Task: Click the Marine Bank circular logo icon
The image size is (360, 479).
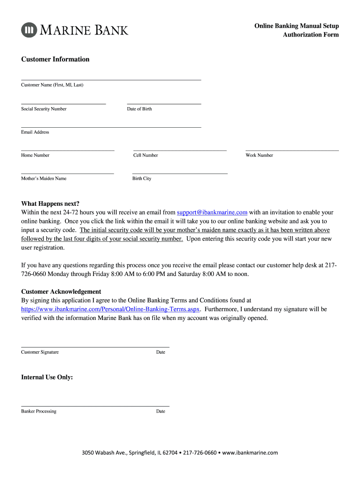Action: click(29, 30)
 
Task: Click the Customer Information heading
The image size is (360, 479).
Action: click(55, 59)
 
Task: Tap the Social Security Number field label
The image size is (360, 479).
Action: click(43, 109)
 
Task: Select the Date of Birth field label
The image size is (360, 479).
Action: click(139, 109)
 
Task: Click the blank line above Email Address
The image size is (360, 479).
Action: click(111, 126)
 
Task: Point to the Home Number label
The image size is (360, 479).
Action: click(35, 155)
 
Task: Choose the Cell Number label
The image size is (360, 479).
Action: click(145, 155)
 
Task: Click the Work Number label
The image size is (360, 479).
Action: click(259, 155)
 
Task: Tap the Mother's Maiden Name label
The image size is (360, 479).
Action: click(43, 179)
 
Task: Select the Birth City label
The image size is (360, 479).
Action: click(142, 179)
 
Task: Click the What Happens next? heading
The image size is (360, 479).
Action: click(50, 203)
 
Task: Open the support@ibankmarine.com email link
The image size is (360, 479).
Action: click(212, 212)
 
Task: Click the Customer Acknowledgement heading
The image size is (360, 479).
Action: click(61, 291)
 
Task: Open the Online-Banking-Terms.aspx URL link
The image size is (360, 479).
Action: click(111, 309)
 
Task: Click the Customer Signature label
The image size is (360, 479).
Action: click(40, 352)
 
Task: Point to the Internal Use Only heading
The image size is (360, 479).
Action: click(47, 377)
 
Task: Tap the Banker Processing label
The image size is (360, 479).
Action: click(38, 412)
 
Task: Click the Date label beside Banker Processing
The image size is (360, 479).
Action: click(160, 412)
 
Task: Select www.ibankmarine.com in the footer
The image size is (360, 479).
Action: click(250, 453)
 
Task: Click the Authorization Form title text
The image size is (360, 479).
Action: click(310, 35)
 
